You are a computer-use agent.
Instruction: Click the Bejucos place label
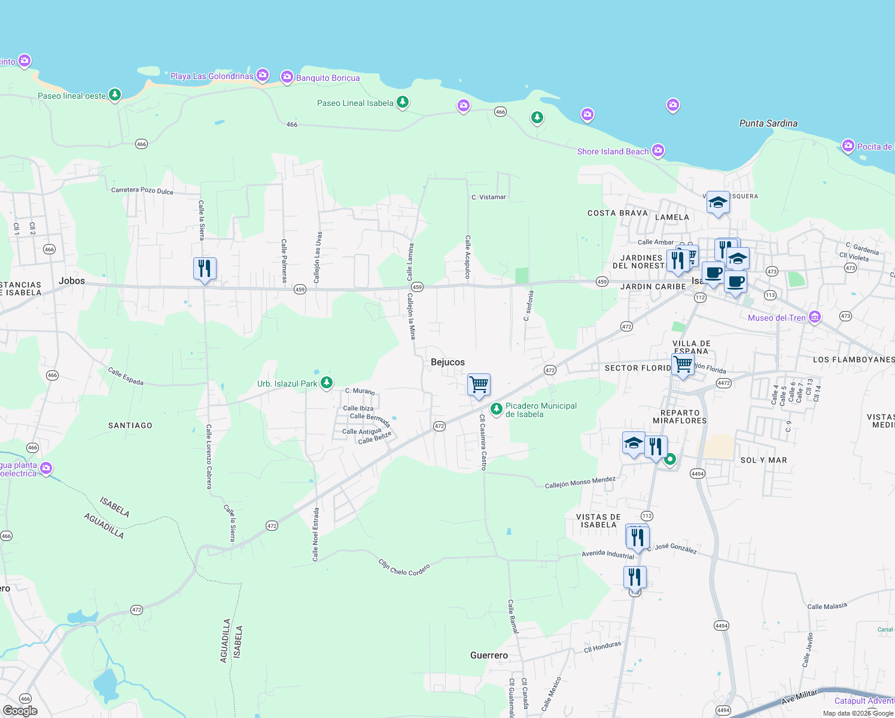[x=447, y=362]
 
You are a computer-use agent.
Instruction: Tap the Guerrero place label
[x=489, y=655]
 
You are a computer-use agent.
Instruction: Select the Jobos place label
[x=72, y=281]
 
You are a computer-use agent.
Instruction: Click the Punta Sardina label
[x=768, y=123]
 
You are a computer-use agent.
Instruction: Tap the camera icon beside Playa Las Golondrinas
[x=263, y=75]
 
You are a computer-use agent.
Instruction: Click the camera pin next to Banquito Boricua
[x=287, y=77]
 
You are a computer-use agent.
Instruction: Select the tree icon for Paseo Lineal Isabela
[x=403, y=102]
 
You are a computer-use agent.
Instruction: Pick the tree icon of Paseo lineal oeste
[x=115, y=95]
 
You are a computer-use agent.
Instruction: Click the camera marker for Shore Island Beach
[x=658, y=151]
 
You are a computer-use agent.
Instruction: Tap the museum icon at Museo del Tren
[x=814, y=317]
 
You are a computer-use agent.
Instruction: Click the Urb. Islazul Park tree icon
[x=326, y=383]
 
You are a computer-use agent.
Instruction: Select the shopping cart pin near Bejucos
[x=479, y=385]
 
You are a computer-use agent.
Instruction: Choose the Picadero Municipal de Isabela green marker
[x=496, y=409]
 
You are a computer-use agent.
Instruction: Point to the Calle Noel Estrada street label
[x=315, y=534]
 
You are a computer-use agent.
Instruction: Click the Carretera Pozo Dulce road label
[x=142, y=191]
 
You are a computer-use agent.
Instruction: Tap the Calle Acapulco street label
[x=468, y=257]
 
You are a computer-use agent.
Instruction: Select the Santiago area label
[x=130, y=425]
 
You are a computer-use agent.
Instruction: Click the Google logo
[x=20, y=710]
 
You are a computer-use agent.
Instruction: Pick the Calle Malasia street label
[x=827, y=606]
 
